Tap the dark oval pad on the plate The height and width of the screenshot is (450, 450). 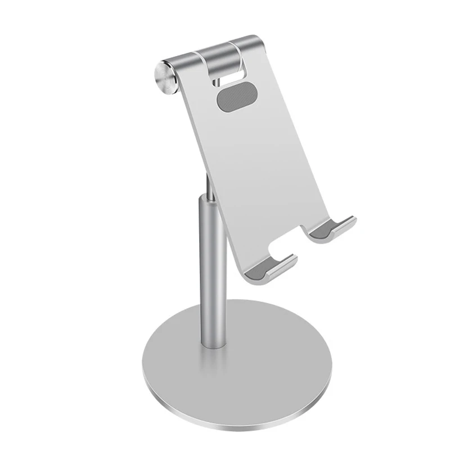pyautogui.click(x=233, y=97)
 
